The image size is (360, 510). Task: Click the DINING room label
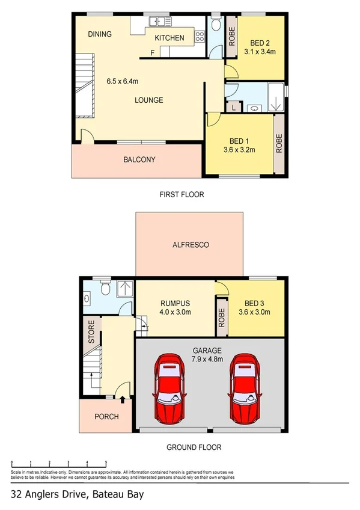(100, 34)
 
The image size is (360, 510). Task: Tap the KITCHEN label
(169, 38)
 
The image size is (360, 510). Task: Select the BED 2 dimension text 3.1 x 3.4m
(263, 52)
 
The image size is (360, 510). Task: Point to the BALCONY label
(139, 160)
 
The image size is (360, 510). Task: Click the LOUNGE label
(148, 100)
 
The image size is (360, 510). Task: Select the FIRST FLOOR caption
(182, 194)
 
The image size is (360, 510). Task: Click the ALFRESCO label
(189, 245)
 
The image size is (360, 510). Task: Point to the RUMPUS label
(174, 303)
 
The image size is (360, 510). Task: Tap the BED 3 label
(254, 303)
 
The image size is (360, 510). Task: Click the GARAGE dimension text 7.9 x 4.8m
(208, 359)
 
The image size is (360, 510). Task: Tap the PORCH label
(106, 417)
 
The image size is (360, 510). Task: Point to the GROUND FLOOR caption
(194, 447)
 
